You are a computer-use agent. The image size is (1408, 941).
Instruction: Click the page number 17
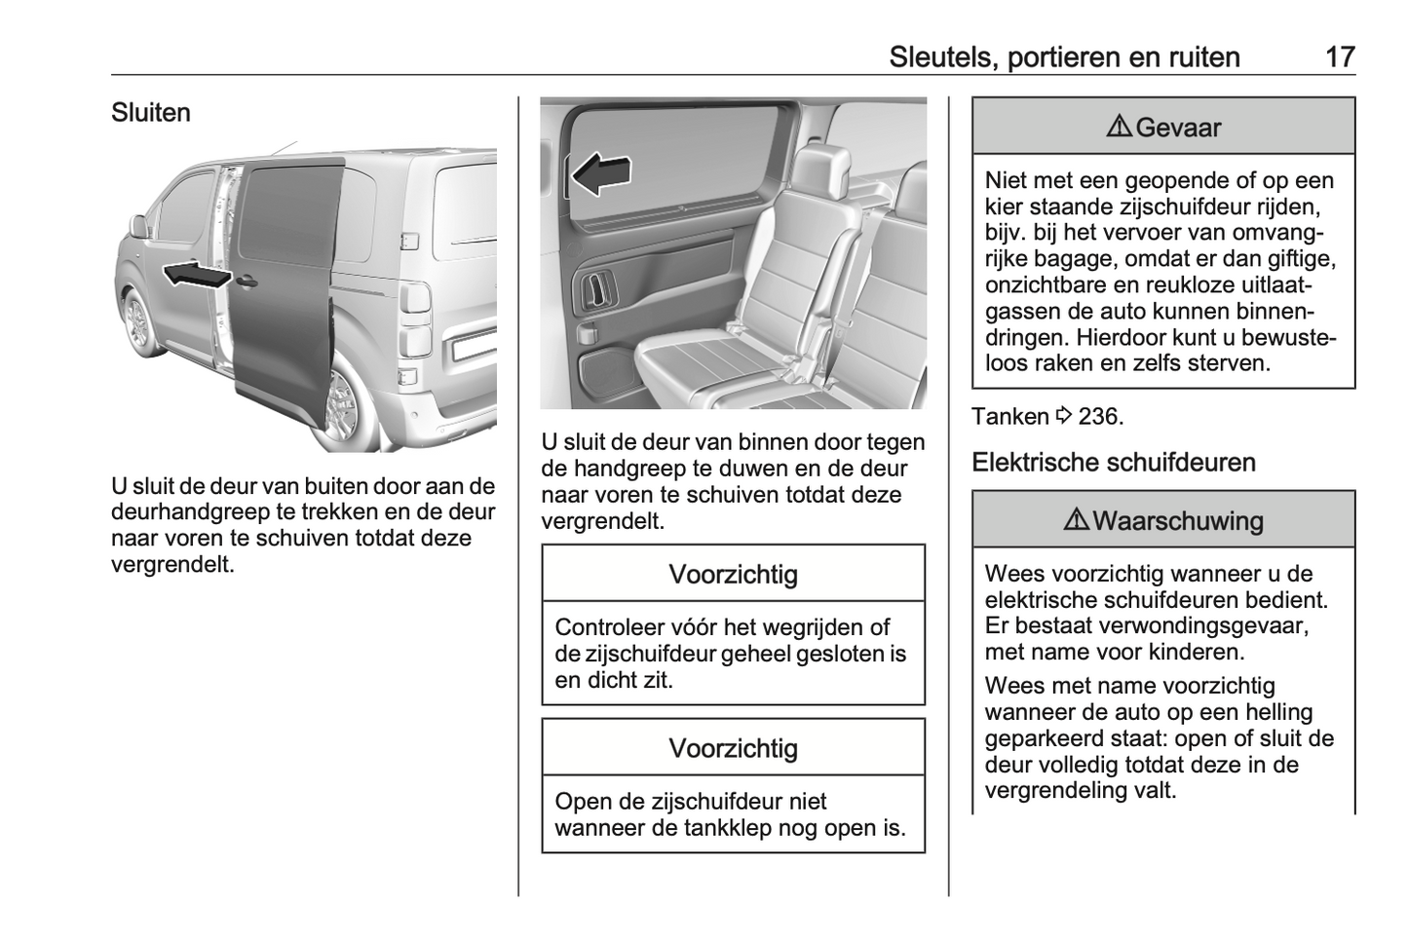[1340, 56]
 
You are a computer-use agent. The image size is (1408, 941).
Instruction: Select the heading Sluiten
[151, 113]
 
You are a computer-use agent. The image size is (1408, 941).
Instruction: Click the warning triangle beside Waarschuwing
[1077, 520]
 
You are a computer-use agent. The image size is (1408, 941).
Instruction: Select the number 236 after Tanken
[1100, 417]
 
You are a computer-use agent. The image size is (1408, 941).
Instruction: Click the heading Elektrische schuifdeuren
[1114, 463]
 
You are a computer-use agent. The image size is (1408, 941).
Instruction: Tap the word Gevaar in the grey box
[1178, 128]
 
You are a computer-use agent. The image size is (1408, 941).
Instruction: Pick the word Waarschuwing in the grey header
[1178, 521]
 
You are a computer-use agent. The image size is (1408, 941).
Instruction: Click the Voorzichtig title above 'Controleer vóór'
[733, 575]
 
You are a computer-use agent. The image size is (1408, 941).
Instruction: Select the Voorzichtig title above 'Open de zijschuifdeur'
[733, 749]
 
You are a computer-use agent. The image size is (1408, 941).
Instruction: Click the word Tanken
[1010, 417]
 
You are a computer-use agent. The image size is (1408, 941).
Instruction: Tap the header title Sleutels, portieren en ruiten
[1064, 56]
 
